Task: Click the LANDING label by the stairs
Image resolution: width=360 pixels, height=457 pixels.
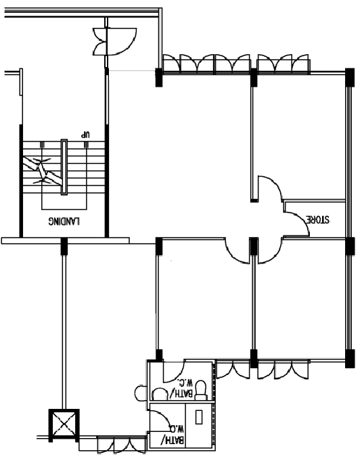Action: pos(64,221)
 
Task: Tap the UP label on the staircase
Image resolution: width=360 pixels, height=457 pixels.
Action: pos(86,135)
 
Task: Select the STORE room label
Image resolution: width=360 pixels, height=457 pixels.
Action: pos(317,219)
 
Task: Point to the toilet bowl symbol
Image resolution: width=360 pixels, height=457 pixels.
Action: pos(201,390)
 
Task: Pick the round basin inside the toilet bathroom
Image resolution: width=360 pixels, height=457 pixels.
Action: pos(159,394)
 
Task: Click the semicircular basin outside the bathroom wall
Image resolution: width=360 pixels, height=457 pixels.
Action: pos(141,393)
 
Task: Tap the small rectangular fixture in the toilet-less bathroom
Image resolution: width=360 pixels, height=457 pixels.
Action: pos(199,417)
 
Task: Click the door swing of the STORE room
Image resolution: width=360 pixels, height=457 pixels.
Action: pos(297,223)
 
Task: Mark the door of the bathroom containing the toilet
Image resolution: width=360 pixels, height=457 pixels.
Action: pos(174,372)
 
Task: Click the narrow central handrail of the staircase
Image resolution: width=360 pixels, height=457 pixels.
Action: pos(64,167)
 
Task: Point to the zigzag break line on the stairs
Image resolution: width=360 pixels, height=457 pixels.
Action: pos(43,171)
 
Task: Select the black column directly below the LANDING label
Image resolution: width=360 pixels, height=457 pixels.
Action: pos(64,246)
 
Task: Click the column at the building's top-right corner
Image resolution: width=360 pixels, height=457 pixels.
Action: pos(350,77)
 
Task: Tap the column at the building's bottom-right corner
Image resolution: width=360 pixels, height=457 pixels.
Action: pos(350,358)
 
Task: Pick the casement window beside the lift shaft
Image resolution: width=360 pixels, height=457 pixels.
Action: pos(121,444)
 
